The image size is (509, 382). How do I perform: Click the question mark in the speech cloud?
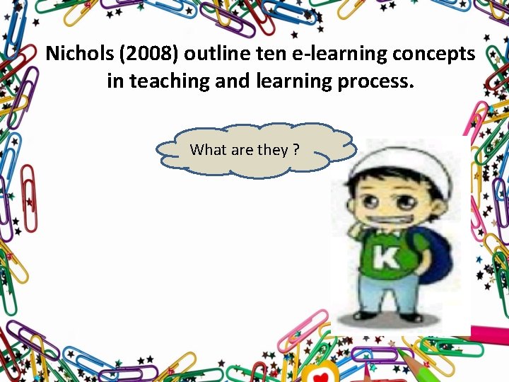[x=296, y=150]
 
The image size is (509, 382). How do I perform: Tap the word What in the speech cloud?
[x=208, y=150]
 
